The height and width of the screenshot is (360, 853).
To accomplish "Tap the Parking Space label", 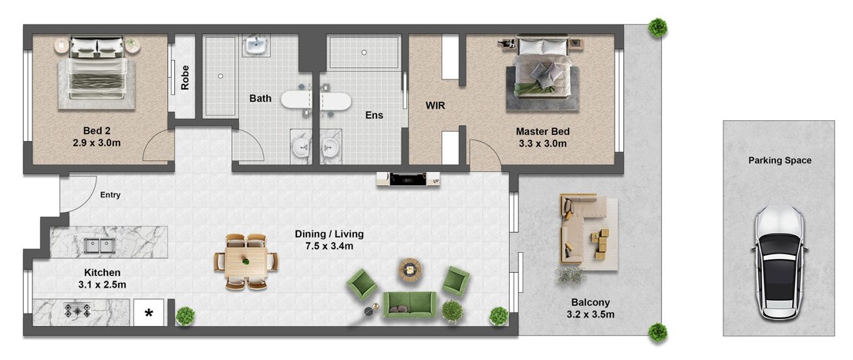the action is pyautogui.click(x=780, y=160).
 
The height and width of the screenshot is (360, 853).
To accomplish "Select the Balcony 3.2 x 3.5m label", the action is pyautogui.click(x=590, y=308).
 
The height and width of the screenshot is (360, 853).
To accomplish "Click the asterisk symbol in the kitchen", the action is pyautogui.click(x=149, y=313).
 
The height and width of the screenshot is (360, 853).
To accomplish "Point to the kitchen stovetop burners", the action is pyautogui.click(x=78, y=311).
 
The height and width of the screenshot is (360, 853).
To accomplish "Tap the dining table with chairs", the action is pyautogui.click(x=247, y=261).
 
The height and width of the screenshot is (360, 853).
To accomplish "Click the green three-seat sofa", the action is pyautogui.click(x=410, y=304).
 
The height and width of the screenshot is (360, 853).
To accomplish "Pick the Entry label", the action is pyautogui.click(x=110, y=195).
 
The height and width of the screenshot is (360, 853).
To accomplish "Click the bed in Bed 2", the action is pyautogui.click(x=97, y=71).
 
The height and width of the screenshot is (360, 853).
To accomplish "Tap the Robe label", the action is pyautogui.click(x=186, y=78).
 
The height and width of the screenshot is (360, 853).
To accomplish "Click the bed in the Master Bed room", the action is pyautogui.click(x=542, y=67).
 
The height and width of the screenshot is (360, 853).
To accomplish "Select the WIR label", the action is pyautogui.click(x=435, y=106).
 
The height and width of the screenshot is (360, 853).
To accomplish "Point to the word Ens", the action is pyautogui.click(x=374, y=115).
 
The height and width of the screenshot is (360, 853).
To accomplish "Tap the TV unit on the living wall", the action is pyautogui.click(x=408, y=179).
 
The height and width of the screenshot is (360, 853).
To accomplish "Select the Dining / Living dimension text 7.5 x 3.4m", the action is pyautogui.click(x=329, y=246).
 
